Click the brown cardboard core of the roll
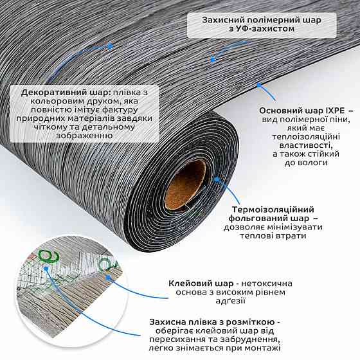click(186, 185)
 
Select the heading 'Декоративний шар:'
click(66, 93)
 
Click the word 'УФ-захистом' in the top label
click(262, 29)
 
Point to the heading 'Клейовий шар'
click(201, 283)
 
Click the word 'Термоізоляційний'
click(273, 210)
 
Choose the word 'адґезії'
click(231, 301)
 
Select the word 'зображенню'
click(84, 136)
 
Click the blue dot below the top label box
click(213, 60)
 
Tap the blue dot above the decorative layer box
click(111, 46)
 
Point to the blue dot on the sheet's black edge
click(259, 85)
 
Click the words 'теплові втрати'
click(273, 236)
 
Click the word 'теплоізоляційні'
click(306, 137)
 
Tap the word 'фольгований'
click(261, 219)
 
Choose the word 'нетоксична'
click(267, 283)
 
